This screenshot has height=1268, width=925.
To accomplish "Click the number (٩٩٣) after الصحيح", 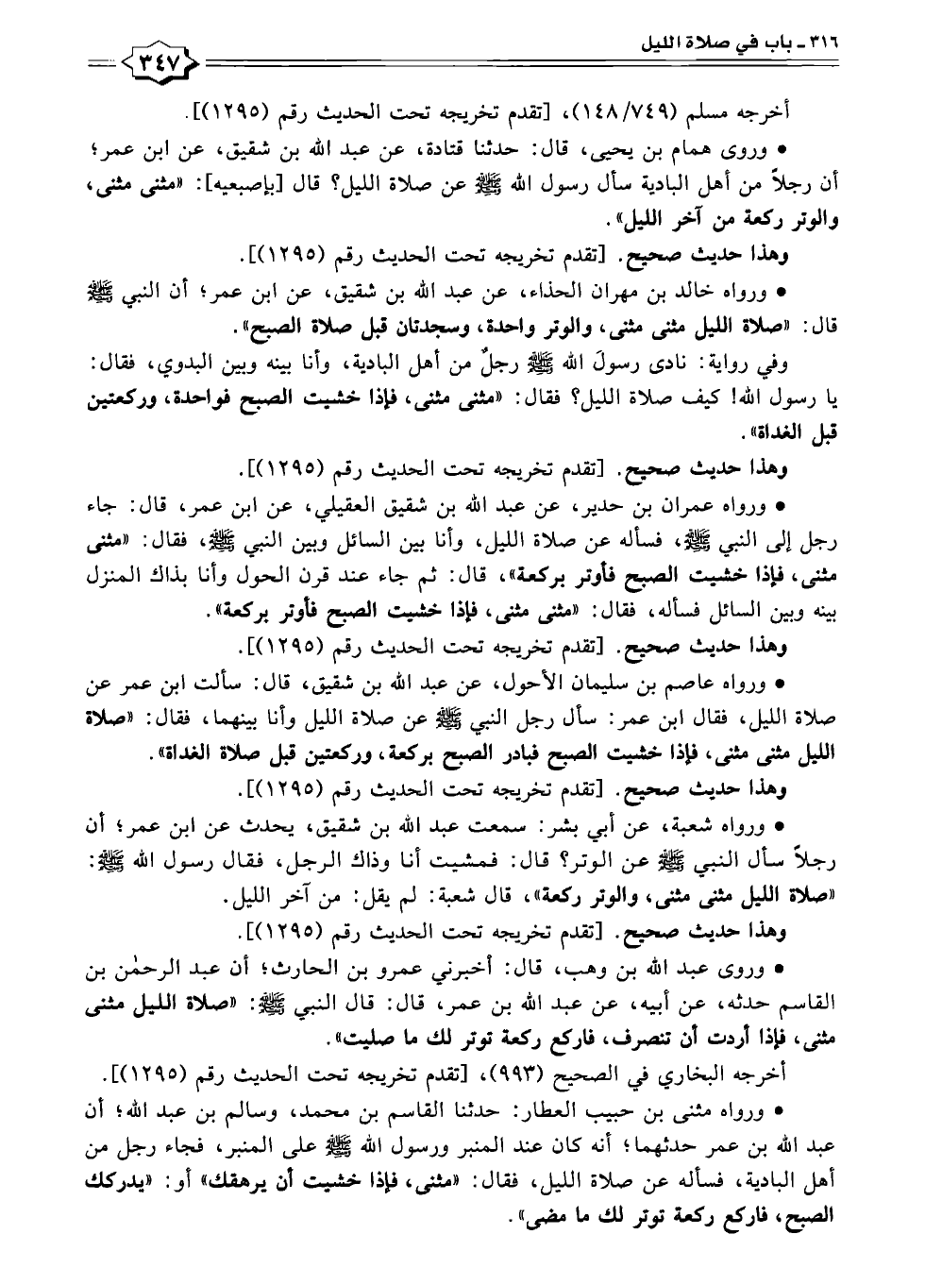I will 513,1073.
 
